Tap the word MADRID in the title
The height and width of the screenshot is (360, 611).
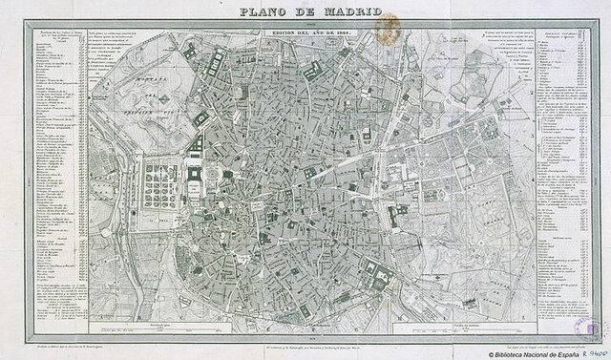point(348,11)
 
